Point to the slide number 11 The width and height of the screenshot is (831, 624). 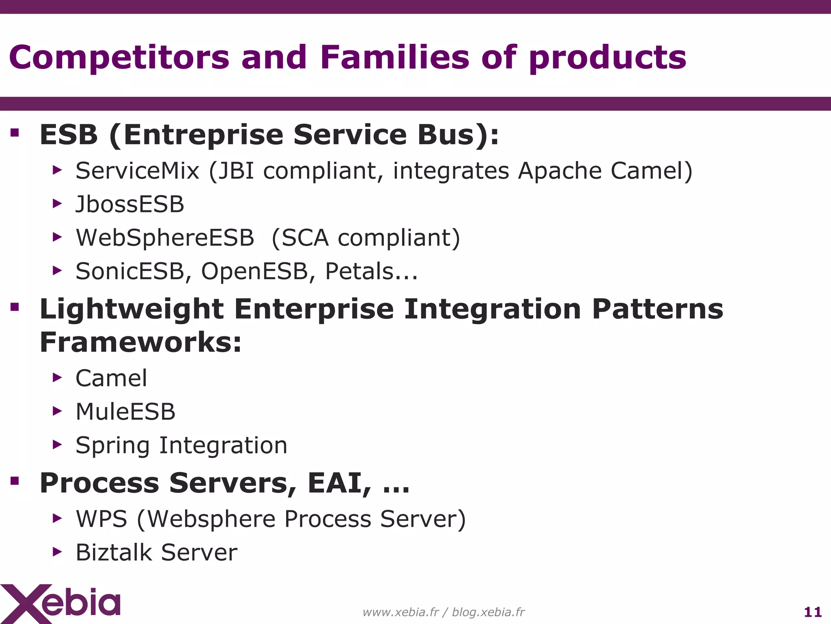[x=812, y=612]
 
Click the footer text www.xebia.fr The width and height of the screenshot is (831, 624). [x=400, y=612]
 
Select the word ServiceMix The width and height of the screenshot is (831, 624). [x=137, y=171]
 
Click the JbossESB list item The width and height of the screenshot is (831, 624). [x=130, y=204]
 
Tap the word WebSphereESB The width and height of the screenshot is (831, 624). [x=165, y=238]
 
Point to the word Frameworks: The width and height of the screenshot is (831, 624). [x=140, y=342]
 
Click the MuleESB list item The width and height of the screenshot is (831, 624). [x=125, y=412]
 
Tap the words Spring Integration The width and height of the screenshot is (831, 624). [x=181, y=445]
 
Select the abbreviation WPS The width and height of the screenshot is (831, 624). [x=101, y=519]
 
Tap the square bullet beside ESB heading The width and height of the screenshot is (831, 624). [x=15, y=133]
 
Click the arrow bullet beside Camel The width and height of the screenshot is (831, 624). [x=57, y=378]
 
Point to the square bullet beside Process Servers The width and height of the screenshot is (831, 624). [x=15, y=481]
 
